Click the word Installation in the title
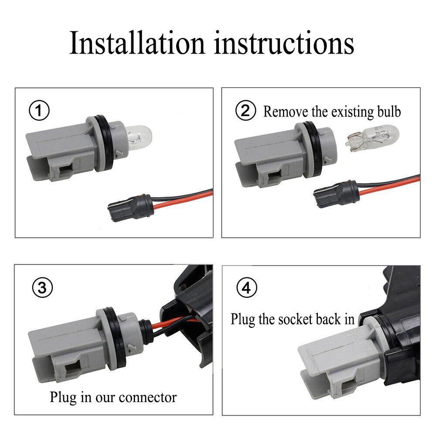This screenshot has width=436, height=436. (x=137, y=43)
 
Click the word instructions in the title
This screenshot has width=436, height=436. (x=284, y=43)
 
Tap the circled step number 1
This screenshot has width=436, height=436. (x=39, y=110)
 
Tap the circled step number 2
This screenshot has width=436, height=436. (x=245, y=110)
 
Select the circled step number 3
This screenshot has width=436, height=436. (x=42, y=287)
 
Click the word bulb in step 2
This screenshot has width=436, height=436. (x=389, y=112)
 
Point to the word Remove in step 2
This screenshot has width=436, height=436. (x=286, y=112)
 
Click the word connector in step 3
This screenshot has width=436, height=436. (x=148, y=397)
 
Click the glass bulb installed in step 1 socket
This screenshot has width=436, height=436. (x=140, y=138)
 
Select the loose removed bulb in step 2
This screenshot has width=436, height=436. (x=372, y=138)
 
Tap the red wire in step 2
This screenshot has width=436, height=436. (x=389, y=186)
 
